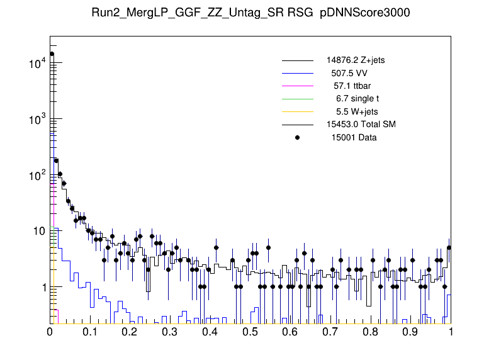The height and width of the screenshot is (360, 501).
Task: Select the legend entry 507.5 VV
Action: point(352,73)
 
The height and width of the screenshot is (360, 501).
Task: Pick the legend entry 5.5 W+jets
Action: point(357,111)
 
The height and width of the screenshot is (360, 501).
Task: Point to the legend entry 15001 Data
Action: point(354,137)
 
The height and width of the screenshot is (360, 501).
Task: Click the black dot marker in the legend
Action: point(298,137)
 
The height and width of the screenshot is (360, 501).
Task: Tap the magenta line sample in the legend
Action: point(298,86)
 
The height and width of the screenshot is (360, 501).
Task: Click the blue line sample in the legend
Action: point(298,73)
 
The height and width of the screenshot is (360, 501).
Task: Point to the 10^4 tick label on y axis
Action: point(32,64)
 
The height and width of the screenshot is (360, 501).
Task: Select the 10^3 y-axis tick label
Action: point(32,120)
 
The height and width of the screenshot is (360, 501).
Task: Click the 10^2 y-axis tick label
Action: point(32,176)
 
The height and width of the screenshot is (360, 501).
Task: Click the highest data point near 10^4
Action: point(52,54)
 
